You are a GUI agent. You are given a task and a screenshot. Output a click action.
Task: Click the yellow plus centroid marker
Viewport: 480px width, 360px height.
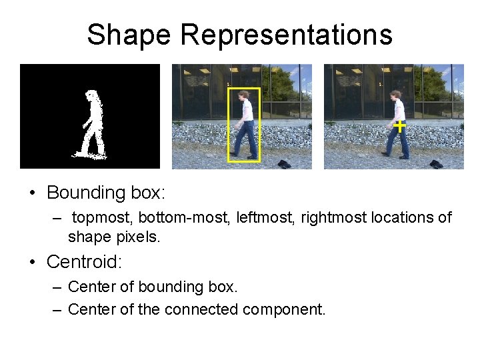click(x=399, y=125)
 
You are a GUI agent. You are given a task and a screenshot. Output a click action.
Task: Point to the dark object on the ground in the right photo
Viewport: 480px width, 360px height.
click(x=436, y=164)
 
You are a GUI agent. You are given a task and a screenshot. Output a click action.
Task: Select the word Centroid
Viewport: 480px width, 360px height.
click(x=83, y=262)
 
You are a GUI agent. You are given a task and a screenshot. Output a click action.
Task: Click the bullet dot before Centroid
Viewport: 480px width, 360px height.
click(x=32, y=263)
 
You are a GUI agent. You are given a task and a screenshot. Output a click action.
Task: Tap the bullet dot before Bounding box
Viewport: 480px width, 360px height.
click(x=32, y=194)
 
